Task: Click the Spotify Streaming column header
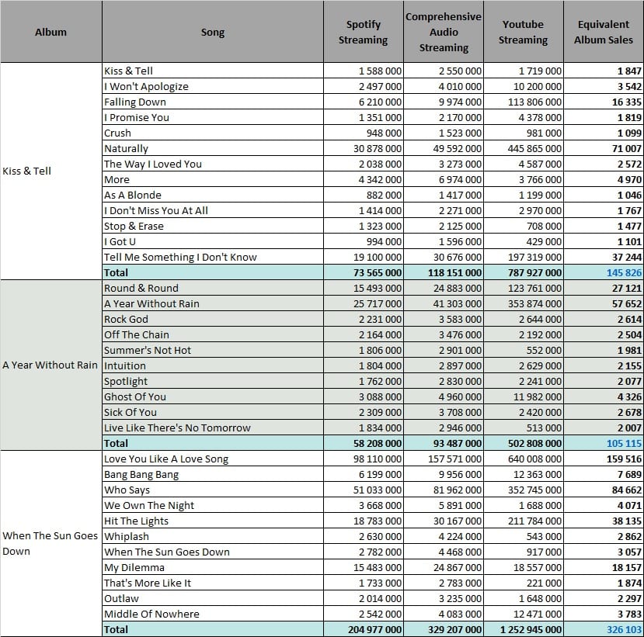point(363,32)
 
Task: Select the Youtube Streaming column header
point(523,32)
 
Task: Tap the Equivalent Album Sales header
point(604,32)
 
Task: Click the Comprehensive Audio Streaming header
point(444,32)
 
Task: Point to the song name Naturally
point(126,148)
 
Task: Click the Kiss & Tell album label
point(26,171)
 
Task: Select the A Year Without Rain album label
point(50,365)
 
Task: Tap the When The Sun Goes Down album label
point(50,543)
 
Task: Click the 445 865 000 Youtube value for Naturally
point(534,148)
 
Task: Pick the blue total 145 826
point(624,273)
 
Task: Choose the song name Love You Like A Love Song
point(166,459)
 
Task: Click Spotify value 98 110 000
point(377,459)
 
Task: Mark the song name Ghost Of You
point(135,396)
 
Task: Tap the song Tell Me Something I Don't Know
point(180,257)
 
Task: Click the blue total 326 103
point(624,629)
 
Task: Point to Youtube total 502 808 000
point(534,443)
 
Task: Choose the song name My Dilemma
point(134,568)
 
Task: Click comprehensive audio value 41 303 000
point(457,304)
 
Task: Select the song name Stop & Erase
point(134,226)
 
